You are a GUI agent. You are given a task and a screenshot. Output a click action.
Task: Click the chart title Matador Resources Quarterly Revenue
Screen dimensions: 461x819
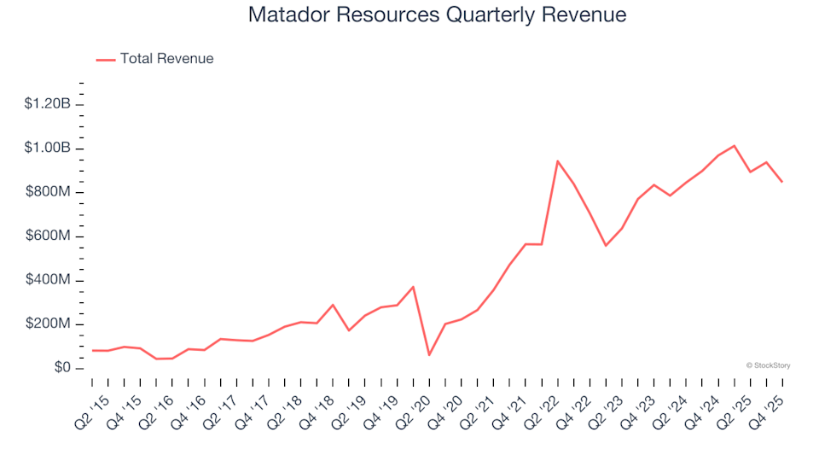(x=437, y=15)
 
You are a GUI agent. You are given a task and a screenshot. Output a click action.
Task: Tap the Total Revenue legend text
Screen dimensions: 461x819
(x=166, y=59)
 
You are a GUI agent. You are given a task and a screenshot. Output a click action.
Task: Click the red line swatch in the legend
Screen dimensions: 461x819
(x=106, y=59)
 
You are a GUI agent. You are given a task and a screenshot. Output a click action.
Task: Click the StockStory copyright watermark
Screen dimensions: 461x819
(x=768, y=365)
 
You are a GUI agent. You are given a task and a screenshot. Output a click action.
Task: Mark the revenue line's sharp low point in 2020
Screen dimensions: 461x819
(x=429, y=355)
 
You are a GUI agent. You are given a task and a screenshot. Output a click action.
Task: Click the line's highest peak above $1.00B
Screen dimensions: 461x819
(x=734, y=145)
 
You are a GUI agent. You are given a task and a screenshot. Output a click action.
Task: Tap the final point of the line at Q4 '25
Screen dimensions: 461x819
(x=781, y=181)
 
